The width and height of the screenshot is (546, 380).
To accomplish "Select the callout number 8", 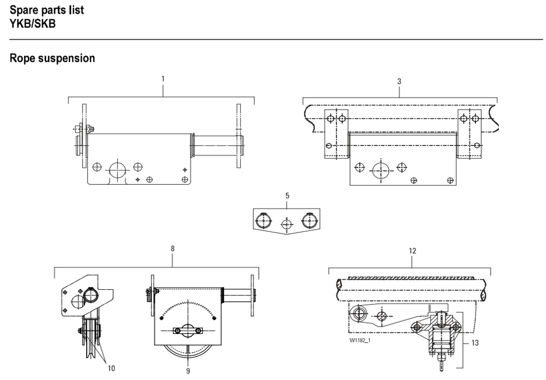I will [x=173, y=249].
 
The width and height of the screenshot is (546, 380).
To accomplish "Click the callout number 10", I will [x=111, y=368].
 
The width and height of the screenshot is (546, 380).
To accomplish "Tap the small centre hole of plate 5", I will [x=287, y=223].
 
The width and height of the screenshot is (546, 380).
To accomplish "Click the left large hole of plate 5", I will [x=263, y=220].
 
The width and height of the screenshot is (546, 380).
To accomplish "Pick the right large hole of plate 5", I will [x=309, y=220].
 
